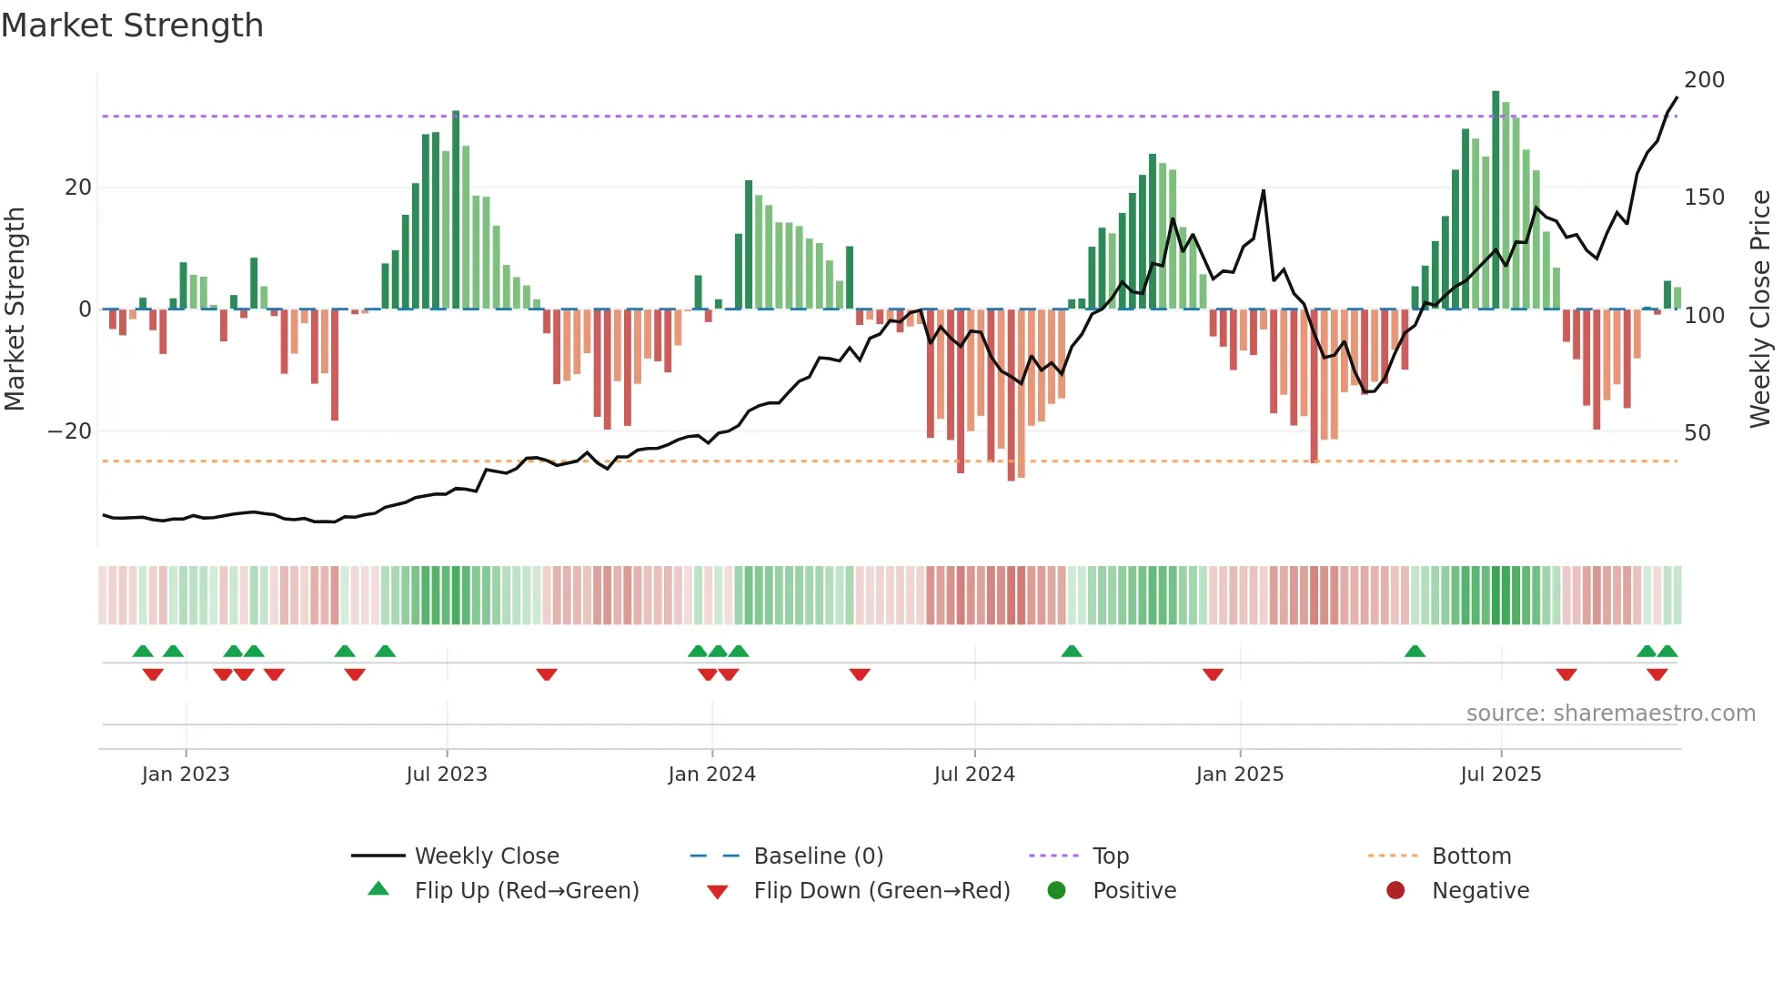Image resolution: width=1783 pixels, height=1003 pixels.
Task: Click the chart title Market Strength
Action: (x=132, y=25)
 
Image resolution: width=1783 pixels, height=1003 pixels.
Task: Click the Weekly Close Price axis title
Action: (x=1760, y=309)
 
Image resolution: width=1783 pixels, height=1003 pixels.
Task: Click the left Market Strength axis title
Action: (x=15, y=309)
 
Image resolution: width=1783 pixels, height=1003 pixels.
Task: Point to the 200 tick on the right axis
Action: (x=1704, y=80)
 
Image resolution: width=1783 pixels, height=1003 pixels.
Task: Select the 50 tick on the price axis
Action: (x=1697, y=433)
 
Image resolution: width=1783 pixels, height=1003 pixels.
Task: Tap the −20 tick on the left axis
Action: (x=71, y=431)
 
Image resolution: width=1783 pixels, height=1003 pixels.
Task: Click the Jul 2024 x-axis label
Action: (x=974, y=775)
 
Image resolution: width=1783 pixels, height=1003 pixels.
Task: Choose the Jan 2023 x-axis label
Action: (x=186, y=775)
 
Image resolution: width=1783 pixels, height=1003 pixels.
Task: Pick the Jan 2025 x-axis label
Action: (x=1240, y=775)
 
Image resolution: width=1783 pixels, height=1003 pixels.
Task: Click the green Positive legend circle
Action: (x=1056, y=891)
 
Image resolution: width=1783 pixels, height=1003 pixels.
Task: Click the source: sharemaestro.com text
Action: (x=1610, y=714)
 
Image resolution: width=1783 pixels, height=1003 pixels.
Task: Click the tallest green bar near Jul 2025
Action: (x=1496, y=200)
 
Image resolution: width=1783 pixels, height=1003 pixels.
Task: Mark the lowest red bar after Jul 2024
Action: (x=1011, y=396)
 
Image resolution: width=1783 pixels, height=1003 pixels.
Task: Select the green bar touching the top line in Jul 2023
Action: (x=456, y=209)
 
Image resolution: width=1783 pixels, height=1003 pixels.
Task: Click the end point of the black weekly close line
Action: (x=1677, y=98)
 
